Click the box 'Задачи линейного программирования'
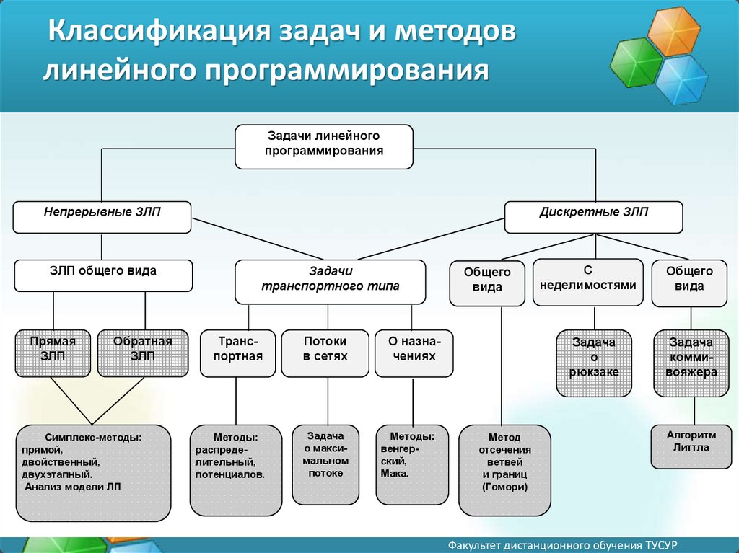click(324, 146)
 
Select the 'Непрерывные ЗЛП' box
click(102, 216)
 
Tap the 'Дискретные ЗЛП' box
click(593, 216)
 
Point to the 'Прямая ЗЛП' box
click(53, 353)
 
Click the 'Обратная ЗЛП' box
click(143, 353)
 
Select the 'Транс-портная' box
click(237, 353)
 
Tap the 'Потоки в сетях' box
click(325, 353)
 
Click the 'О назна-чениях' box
click(413, 353)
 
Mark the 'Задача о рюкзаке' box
click(594, 363)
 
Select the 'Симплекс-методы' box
click(93, 472)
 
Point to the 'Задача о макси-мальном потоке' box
click(325, 464)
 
